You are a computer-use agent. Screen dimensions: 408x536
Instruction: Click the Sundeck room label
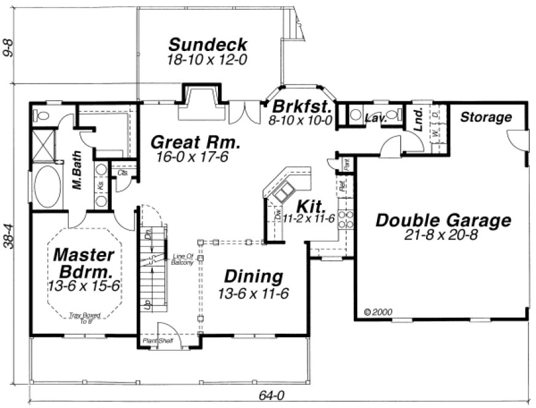tap(208, 45)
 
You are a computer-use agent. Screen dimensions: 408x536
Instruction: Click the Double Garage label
tap(443, 220)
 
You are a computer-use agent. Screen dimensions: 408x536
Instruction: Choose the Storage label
tap(486, 117)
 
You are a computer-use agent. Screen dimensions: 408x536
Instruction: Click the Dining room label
tap(253, 277)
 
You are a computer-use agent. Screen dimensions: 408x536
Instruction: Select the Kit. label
tap(307, 205)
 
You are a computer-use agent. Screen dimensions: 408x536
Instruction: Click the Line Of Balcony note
tap(183, 259)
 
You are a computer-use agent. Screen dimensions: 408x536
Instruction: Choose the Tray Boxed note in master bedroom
tap(84, 316)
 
